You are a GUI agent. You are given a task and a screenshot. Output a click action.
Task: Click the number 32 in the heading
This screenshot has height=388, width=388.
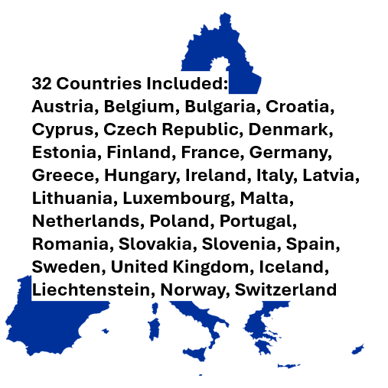(x=43, y=83)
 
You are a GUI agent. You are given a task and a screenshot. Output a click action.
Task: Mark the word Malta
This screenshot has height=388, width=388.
(x=268, y=198)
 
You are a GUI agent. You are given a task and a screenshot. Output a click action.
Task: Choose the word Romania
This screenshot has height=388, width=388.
(x=68, y=244)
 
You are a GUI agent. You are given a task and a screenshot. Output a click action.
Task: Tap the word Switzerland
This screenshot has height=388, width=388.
(x=285, y=289)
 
